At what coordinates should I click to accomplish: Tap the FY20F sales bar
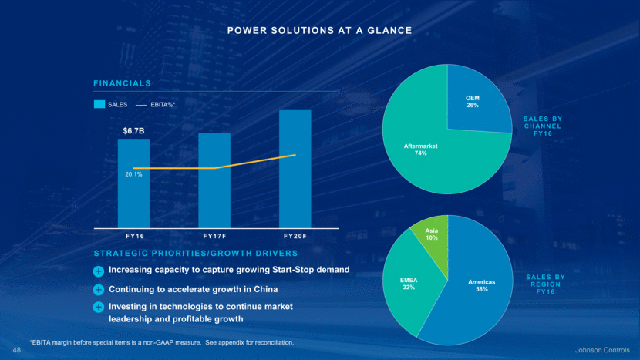[295, 185]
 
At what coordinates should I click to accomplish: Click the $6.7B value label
[134, 131]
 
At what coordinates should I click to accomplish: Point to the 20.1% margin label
[133, 175]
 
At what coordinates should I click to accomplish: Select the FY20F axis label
[295, 235]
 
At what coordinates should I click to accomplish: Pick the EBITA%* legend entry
[157, 104]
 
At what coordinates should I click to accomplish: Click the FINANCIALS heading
[122, 82]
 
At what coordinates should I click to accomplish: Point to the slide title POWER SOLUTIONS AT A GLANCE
[319, 30]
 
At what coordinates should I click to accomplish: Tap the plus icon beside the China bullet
[99, 290]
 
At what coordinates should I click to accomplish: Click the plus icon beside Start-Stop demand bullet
[99, 271]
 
